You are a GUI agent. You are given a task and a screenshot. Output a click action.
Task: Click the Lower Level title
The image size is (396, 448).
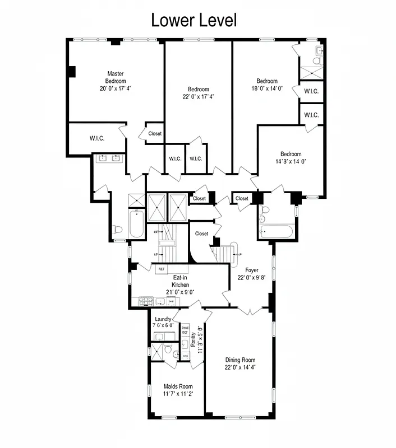(194, 20)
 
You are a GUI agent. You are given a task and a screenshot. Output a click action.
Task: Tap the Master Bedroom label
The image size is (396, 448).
(116, 77)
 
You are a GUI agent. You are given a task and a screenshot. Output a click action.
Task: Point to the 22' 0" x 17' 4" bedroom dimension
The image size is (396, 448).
(199, 96)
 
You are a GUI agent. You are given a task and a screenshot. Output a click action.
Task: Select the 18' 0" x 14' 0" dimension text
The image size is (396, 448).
(267, 88)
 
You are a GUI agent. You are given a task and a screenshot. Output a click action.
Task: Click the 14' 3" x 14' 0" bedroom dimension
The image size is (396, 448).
(291, 161)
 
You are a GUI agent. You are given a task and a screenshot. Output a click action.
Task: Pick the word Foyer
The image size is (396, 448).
(252, 270)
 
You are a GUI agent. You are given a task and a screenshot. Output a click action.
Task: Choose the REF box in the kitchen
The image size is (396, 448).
(162, 269)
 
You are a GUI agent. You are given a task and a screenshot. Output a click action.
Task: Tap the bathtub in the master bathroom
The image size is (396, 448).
(136, 224)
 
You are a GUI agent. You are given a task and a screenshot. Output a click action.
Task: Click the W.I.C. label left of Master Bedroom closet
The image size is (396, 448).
(97, 138)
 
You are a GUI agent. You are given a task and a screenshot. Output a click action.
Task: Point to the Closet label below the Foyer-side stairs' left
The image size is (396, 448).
(201, 234)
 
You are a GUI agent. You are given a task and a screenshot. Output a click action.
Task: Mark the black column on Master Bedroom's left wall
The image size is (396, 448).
(71, 72)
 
